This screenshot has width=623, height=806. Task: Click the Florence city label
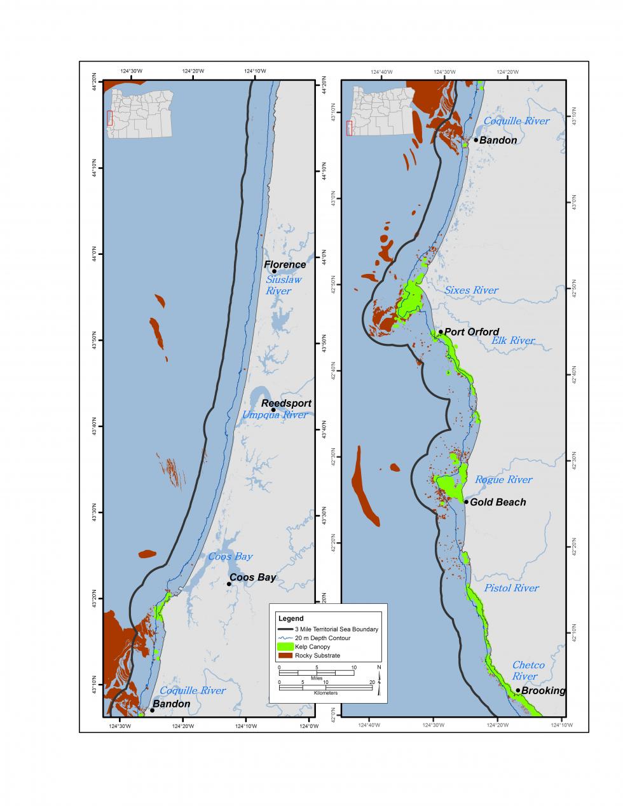(285, 264)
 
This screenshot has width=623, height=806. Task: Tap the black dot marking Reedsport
(273, 410)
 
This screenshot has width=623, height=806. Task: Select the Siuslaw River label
(283, 285)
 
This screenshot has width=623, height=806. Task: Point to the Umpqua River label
(275, 415)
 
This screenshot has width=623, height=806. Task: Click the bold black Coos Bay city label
(253, 578)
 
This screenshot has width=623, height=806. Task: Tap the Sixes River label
(471, 290)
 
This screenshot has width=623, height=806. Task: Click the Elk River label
(513, 341)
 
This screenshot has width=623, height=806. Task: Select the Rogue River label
(503, 480)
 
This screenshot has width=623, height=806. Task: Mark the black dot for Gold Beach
(466, 502)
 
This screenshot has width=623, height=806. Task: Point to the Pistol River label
(511, 588)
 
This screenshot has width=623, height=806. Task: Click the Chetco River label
(528, 671)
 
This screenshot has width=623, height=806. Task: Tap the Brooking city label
(543, 691)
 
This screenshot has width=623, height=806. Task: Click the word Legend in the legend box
(291, 618)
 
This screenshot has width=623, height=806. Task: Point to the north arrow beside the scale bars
(379, 683)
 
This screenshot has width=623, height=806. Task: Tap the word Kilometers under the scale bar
(325, 692)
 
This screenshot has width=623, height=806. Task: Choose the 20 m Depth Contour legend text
(322, 638)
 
